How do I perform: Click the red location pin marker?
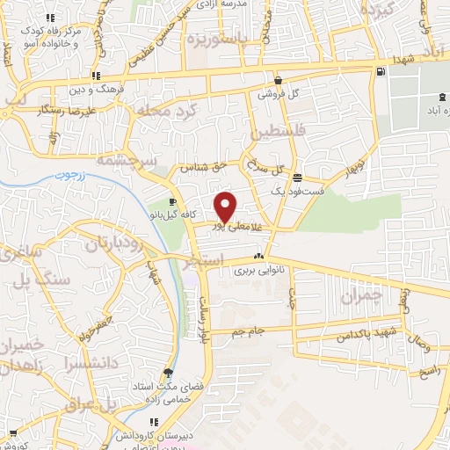point(226,207)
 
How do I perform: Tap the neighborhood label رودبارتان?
point(112,241)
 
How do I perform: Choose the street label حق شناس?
point(204,165)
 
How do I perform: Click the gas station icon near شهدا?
point(380,72)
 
